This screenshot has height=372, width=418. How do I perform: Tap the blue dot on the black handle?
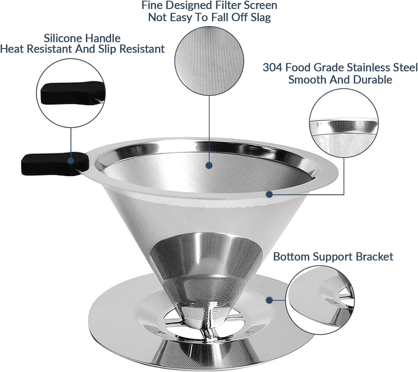[71, 160]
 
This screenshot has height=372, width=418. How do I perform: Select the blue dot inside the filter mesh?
[209, 166]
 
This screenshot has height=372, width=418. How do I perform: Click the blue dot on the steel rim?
[269, 195]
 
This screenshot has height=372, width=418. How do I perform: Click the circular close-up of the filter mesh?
[209, 63]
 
